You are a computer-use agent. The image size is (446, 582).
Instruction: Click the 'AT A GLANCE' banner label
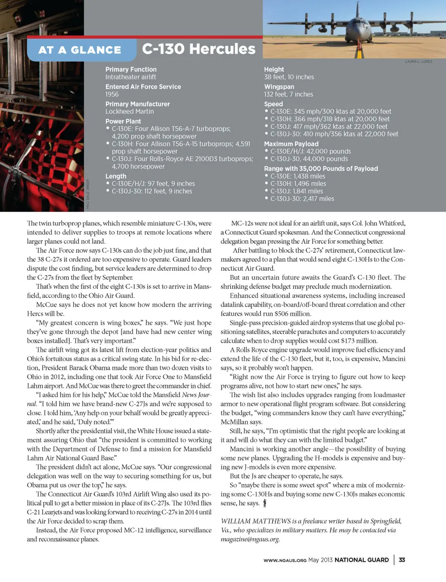79,50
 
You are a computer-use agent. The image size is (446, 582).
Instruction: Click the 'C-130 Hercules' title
199,49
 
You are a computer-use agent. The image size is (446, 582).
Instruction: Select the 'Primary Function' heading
131,69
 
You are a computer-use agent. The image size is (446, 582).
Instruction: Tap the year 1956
112,94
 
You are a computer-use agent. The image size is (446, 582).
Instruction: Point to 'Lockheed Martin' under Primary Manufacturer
130,112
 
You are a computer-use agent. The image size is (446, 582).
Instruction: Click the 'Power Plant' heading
123,121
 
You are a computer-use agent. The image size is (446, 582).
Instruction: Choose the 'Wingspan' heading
279,87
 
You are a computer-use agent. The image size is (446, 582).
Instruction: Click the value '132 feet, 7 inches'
289,94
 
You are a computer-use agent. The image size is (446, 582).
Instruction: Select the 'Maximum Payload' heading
291,144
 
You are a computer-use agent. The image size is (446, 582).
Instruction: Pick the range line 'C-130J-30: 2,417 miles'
302,199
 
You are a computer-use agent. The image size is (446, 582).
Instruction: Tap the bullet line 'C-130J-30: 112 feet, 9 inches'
152,191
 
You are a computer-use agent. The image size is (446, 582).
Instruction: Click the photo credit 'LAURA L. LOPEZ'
419,62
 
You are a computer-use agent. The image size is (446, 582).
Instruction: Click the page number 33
402,560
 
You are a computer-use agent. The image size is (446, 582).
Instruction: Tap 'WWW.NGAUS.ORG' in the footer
285,561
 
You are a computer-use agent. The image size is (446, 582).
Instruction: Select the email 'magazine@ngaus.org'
250,539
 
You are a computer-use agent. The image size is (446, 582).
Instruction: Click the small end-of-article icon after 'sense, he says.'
265,503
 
